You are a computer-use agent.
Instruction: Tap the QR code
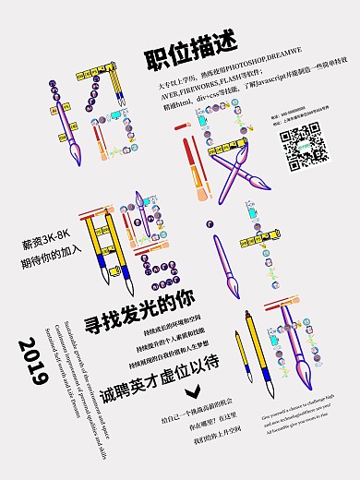[x=302, y=146]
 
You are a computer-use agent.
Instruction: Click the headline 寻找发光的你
[x=140, y=298]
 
